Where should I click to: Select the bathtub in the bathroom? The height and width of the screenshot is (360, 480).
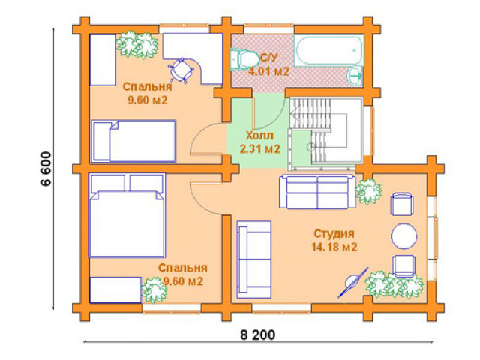pyautogui.click(x=329, y=50)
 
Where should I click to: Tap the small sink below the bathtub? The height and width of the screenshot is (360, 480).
pyautogui.click(x=355, y=74)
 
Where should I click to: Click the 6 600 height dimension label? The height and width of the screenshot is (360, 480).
pyautogui.click(x=46, y=169)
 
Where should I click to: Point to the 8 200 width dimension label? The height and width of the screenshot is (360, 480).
pyautogui.click(x=258, y=334)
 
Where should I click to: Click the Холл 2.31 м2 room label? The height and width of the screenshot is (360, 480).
pyautogui.click(x=260, y=142)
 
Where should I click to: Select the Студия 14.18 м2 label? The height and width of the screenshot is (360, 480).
pyautogui.click(x=334, y=240)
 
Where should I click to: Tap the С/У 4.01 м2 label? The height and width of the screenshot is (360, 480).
pyautogui.click(x=268, y=65)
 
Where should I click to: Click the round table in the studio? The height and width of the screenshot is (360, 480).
pyautogui.click(x=403, y=235)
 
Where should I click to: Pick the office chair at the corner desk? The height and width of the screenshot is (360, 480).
pyautogui.click(x=181, y=70)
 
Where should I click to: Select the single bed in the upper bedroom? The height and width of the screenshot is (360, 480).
pyautogui.click(x=133, y=141)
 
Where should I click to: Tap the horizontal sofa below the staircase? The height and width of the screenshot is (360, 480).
pyautogui.click(x=317, y=192)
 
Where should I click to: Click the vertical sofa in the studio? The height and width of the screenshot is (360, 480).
pyautogui.click(x=254, y=260)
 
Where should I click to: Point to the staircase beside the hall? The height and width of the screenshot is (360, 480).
pyautogui.click(x=325, y=133)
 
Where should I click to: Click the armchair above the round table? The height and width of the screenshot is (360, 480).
pyautogui.click(x=402, y=204)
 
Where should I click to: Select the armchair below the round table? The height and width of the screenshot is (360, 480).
pyautogui.click(x=404, y=265)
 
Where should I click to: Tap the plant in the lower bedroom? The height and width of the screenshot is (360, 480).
pyautogui.click(x=154, y=289)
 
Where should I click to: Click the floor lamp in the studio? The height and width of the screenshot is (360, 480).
pyautogui.click(x=352, y=282)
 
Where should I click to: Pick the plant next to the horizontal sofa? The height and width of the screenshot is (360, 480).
pyautogui.click(x=368, y=191)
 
